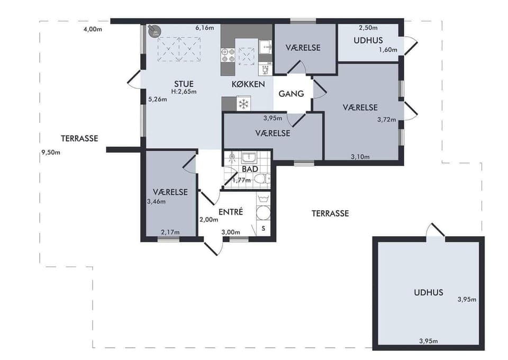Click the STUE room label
point(184,84)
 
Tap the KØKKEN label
point(248,85)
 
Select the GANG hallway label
point(292,94)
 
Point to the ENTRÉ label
point(230,212)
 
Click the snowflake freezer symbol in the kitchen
point(243,104)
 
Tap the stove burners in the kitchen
point(228,55)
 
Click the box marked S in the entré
point(263,229)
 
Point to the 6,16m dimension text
point(204,27)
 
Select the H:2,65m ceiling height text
point(184,92)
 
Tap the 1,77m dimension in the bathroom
point(241,180)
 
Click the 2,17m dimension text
point(170,232)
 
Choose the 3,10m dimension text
point(360,156)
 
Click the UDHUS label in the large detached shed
point(428,292)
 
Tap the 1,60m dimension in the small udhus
point(387,50)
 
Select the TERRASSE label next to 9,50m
point(79,138)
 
